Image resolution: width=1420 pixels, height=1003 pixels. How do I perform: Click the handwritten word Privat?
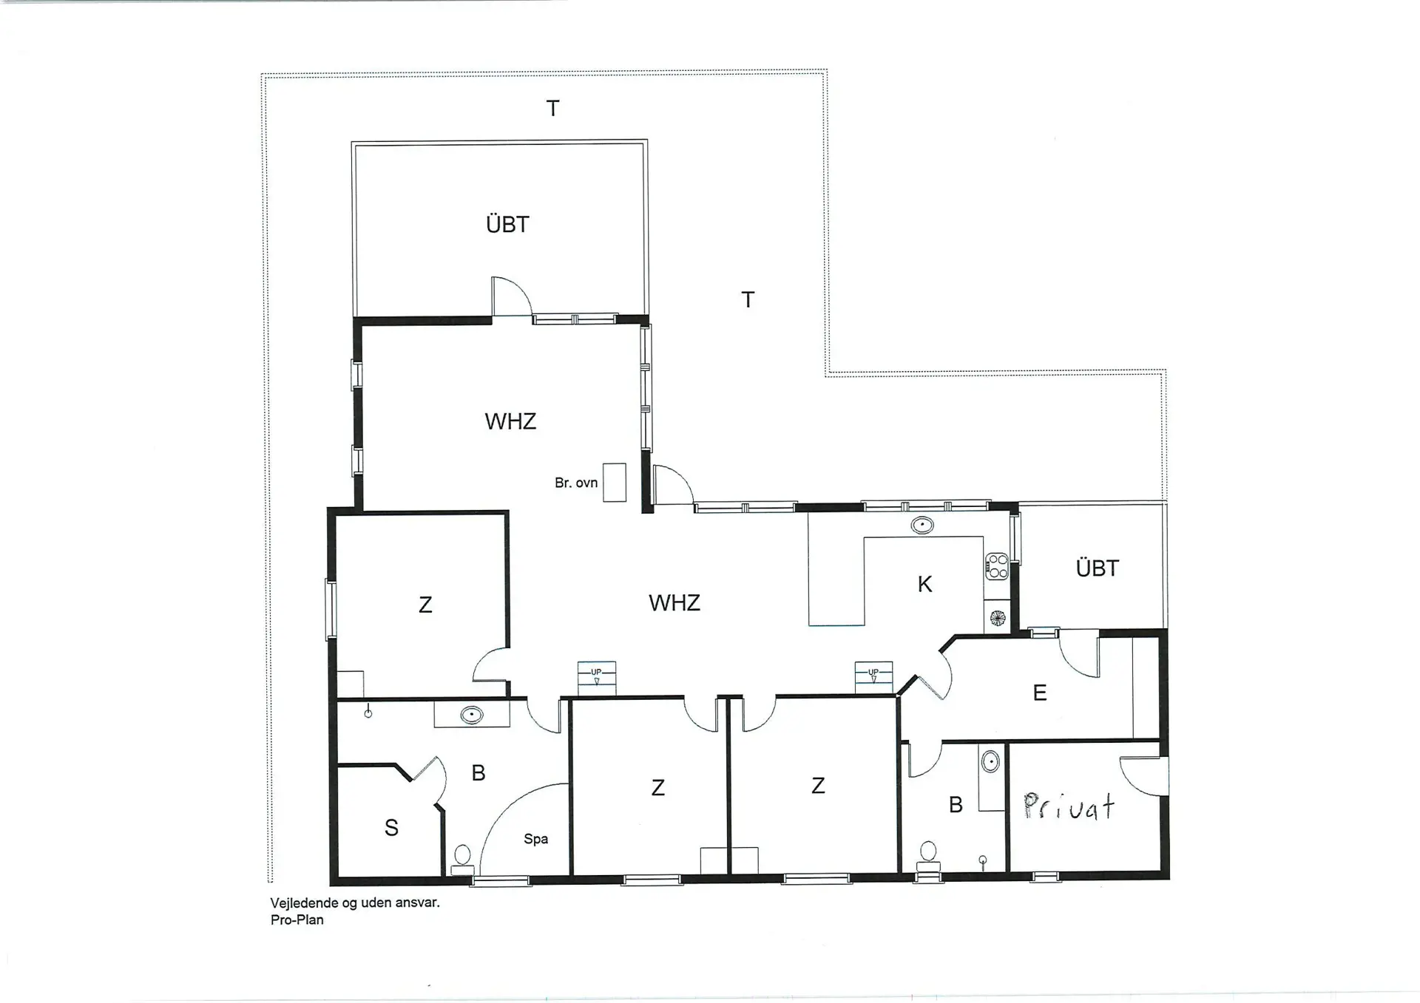(1069, 806)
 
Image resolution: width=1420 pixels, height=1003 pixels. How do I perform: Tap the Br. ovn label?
(575, 483)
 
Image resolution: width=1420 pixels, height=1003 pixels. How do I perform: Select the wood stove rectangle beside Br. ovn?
(614, 483)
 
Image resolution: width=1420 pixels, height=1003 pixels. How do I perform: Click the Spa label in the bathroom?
(535, 839)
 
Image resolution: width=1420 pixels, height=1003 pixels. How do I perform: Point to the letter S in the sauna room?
(391, 828)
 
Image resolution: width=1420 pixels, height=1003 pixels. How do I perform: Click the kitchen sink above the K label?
(922, 526)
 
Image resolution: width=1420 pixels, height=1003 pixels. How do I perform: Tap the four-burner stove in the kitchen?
(997, 565)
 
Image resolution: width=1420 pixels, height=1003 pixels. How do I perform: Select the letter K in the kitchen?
(924, 584)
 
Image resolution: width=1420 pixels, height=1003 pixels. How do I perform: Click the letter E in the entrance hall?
(1039, 693)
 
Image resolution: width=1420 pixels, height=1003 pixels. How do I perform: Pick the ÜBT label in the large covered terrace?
(507, 224)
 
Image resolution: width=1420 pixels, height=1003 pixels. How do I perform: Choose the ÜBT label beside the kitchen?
(1097, 568)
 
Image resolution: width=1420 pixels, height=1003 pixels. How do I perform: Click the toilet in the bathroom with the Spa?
(462, 859)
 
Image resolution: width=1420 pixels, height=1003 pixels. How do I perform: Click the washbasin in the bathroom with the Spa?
(471, 715)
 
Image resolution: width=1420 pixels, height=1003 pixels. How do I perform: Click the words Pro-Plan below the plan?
(297, 920)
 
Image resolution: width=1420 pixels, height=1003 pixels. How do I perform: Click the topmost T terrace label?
(552, 109)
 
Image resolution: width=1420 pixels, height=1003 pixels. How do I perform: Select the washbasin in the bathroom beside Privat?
(990, 761)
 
